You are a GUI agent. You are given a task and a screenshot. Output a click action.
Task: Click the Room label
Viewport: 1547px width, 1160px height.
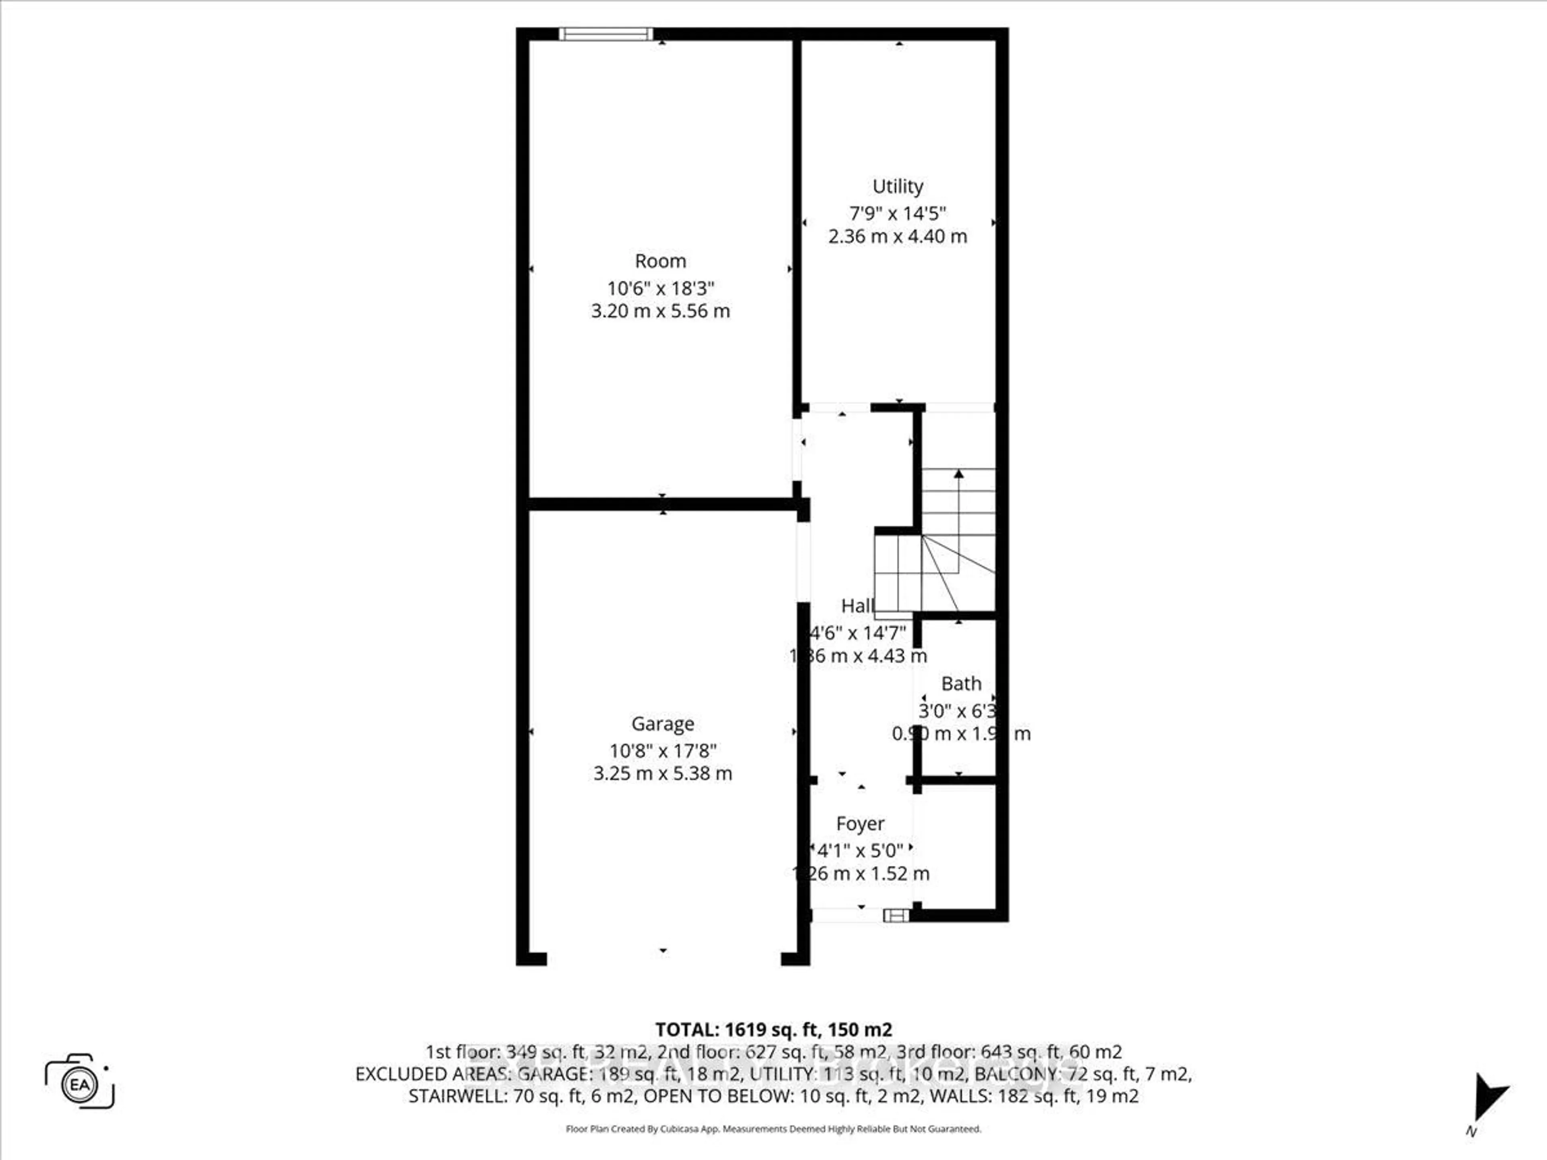coord(660,261)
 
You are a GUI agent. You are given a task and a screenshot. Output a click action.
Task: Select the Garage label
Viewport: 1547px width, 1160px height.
coord(662,724)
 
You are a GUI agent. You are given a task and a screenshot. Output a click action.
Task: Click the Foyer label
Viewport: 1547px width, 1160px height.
coord(860,824)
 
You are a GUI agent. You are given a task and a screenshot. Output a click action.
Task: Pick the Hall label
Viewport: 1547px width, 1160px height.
coord(857,605)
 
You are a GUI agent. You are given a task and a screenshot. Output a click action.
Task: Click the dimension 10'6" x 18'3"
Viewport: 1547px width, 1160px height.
coord(660,288)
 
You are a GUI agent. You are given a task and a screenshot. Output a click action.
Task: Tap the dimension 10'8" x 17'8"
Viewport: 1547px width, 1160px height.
coord(662,751)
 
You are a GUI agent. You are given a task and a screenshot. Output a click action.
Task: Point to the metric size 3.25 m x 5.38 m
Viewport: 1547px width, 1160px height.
coord(662,773)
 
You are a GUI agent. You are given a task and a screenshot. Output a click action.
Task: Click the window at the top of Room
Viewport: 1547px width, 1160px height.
coord(606,33)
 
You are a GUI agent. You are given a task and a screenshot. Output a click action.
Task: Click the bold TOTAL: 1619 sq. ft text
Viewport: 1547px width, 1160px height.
coord(773,1029)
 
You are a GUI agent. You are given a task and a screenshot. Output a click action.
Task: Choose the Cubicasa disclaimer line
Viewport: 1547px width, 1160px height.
coord(773,1129)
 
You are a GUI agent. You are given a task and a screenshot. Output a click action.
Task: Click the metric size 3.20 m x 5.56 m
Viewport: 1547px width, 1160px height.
coord(660,311)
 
